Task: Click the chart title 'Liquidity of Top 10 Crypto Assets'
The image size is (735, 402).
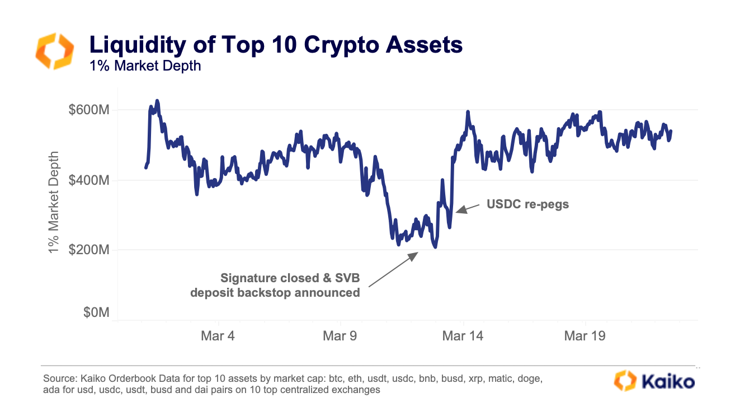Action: click(276, 44)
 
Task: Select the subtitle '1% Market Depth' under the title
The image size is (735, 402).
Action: click(145, 66)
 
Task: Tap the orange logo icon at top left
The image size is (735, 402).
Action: click(54, 51)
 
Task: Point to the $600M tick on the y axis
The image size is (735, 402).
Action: click(88, 110)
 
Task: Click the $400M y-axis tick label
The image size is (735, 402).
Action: click(88, 180)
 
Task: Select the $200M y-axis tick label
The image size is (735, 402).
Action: click(88, 250)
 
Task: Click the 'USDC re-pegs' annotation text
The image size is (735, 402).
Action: click(527, 204)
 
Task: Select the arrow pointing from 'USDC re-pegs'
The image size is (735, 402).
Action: click(467, 208)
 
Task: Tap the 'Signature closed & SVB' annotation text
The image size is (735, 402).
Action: click(290, 278)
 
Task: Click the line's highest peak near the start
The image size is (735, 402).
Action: click(157, 101)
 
